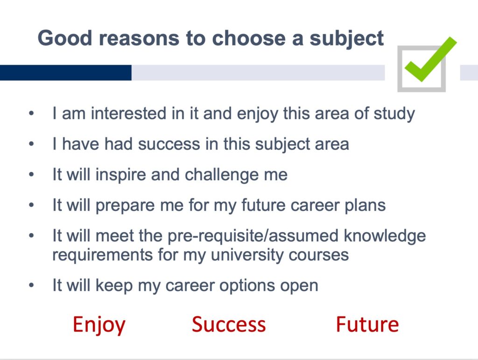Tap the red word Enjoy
[x=99, y=325]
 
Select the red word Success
[x=229, y=325]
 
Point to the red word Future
[x=367, y=325]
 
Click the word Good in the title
[x=64, y=38]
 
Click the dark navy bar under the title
[x=65, y=72]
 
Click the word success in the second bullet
[x=169, y=144]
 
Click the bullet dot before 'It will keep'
[x=31, y=286]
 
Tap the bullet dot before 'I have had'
[x=31, y=144]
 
